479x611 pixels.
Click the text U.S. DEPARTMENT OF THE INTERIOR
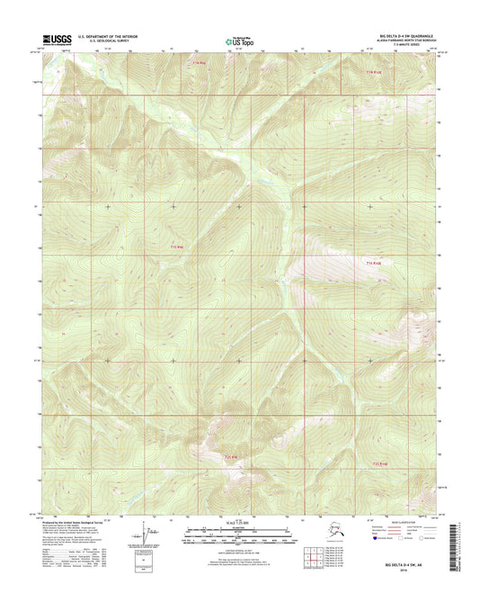(x=105, y=35)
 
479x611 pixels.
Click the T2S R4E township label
(x=232, y=458)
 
